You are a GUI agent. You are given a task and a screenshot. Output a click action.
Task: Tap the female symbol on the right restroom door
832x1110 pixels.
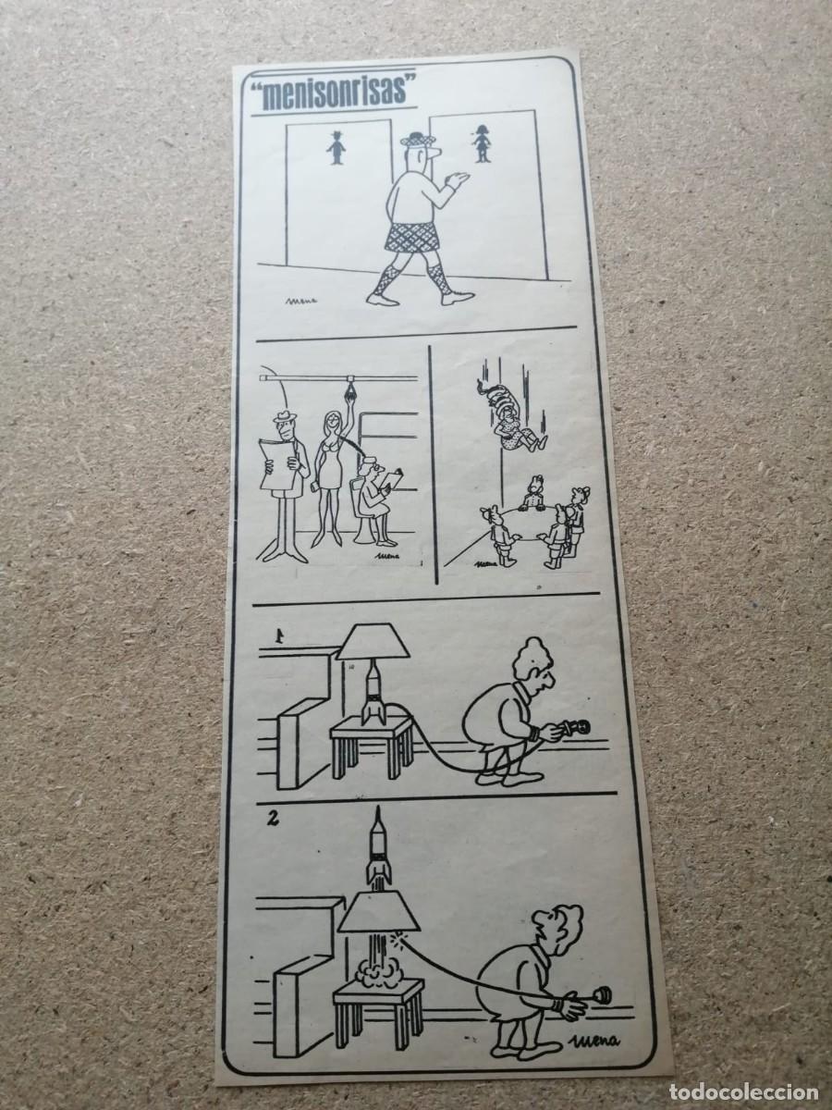483,144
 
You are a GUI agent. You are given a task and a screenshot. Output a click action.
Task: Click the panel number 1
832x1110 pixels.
275,635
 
